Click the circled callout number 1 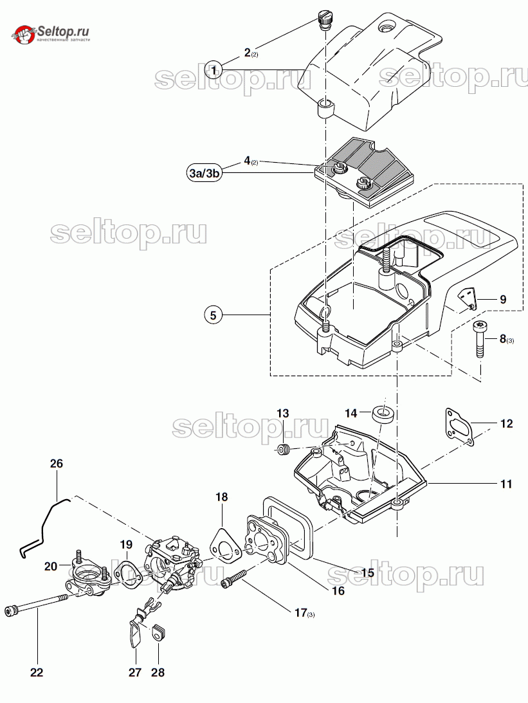point(214,69)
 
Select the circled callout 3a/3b point(205,174)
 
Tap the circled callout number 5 point(214,315)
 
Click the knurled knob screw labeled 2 point(323,20)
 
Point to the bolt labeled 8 point(479,338)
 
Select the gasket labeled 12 point(459,426)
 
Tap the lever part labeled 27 point(136,623)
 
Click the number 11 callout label point(506,484)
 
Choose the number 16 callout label point(338,591)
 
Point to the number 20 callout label point(51,566)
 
